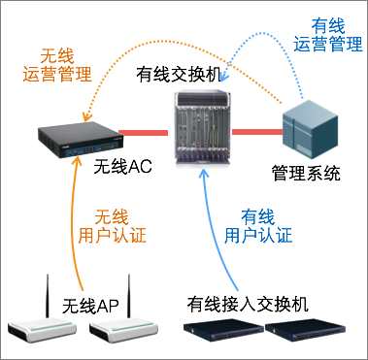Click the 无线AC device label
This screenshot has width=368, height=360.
122,168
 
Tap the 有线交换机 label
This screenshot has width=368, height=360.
179,76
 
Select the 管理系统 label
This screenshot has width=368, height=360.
306,174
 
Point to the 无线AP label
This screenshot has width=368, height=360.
90,306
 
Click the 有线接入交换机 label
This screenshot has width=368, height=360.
248,305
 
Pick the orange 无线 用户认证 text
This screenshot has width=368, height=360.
112,226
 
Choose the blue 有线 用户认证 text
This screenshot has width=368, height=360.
258,226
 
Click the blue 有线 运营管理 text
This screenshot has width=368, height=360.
327,35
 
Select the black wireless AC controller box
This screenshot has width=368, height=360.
79,140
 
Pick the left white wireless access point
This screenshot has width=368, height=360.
42,329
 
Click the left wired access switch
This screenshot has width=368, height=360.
223,330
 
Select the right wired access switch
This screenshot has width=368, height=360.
305,330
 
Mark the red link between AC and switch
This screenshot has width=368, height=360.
144,133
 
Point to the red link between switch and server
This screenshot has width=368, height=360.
257,132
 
